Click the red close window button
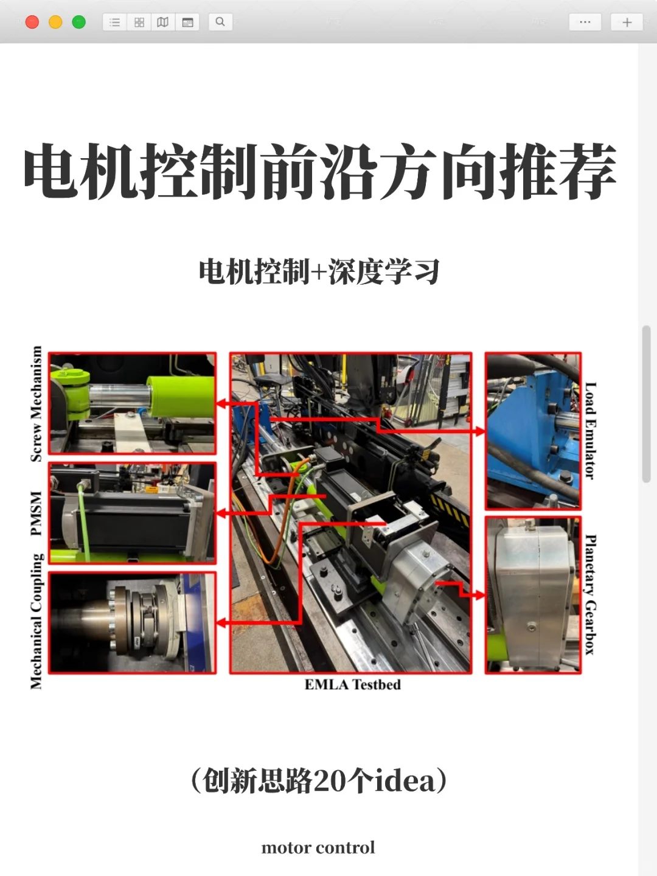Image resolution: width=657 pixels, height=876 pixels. [32, 23]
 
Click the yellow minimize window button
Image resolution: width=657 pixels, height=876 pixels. [55, 23]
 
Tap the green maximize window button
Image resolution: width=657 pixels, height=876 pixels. [78, 23]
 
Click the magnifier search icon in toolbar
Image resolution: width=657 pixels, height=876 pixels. [220, 23]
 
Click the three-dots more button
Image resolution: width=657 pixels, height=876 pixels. [585, 23]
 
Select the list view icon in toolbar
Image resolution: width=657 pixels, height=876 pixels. [115, 23]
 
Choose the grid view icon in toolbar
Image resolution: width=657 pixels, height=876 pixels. [139, 23]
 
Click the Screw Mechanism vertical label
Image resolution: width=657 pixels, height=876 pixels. [36, 403]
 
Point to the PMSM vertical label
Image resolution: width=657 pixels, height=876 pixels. [36, 513]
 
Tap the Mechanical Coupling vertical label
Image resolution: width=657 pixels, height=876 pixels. [36, 621]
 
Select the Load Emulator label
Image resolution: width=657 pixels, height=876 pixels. [590, 431]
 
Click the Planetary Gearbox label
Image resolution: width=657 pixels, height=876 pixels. [590, 594]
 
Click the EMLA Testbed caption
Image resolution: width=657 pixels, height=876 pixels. [352, 685]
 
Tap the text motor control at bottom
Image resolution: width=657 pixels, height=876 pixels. [318, 847]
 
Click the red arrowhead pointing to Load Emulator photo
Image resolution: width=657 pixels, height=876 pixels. [480, 431]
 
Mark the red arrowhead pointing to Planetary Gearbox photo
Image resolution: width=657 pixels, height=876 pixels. [480, 594]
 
